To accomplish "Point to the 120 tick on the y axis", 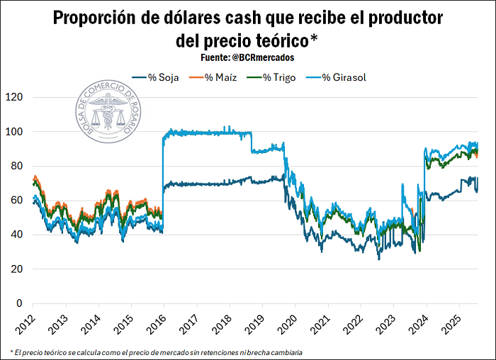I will [14, 97].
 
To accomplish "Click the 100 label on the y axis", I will [14, 132].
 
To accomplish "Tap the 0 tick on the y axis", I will [20, 303].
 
